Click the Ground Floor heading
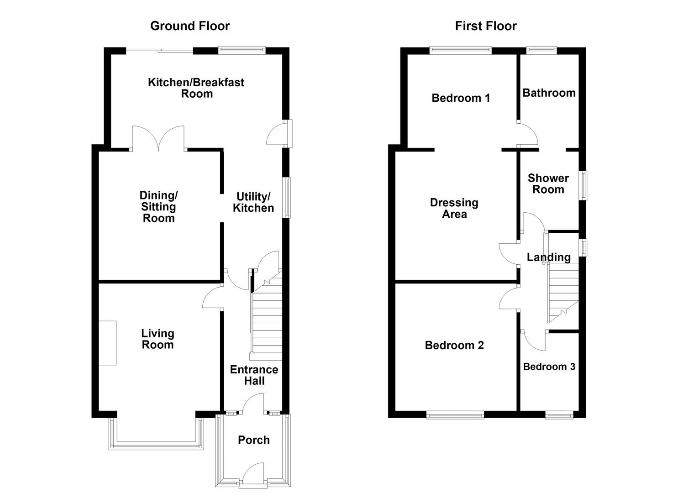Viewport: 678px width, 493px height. pos(190,26)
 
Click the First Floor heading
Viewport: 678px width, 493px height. pos(486,26)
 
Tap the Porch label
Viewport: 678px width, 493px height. pos(254,440)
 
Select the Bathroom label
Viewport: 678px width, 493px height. pos(549,93)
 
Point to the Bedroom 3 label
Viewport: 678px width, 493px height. pos(549,367)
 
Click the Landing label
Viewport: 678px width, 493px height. pos(549,257)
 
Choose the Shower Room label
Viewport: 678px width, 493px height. pos(548,184)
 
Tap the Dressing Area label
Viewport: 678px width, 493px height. pos(454,208)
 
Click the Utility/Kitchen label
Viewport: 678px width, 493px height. pos(253,202)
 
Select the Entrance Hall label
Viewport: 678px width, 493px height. pos(254,375)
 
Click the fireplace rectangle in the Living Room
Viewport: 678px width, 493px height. pos(107,343)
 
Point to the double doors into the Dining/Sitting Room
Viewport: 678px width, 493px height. pos(158,139)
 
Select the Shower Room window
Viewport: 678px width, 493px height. pos(583,185)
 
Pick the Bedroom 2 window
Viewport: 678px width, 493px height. pos(455,414)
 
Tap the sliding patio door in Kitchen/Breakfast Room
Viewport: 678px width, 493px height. pos(159,51)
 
